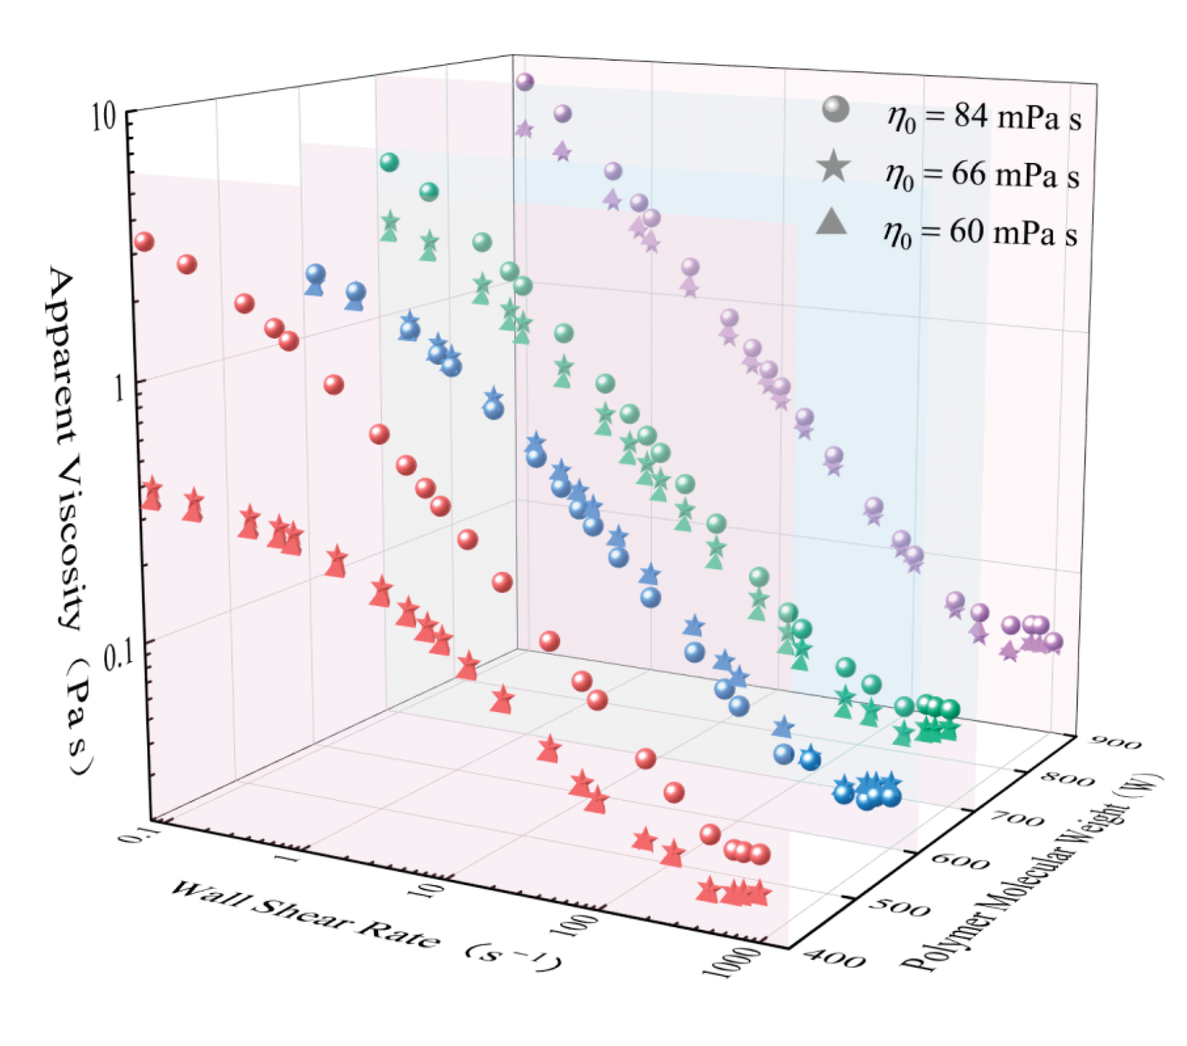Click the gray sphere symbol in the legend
(x=835, y=110)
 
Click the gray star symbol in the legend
(x=834, y=166)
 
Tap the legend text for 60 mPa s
(x=981, y=232)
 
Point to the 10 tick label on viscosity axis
(x=103, y=118)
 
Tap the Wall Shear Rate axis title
(x=365, y=926)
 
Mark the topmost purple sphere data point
(x=525, y=81)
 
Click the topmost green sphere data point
(x=389, y=162)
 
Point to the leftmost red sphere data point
(x=144, y=242)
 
